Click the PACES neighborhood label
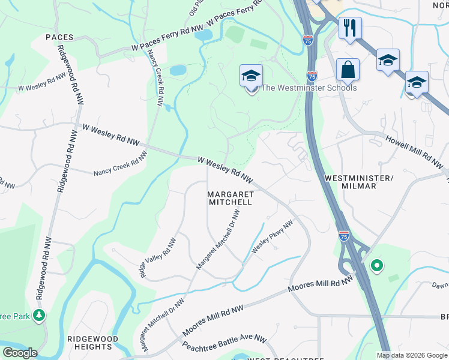[59, 37]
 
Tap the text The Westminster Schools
[310, 88]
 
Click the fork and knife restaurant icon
[348, 28]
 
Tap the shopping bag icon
[348, 70]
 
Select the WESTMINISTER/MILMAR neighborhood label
[358, 182]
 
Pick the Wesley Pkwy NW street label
[273, 236]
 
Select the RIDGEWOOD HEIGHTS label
[92, 343]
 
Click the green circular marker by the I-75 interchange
[376, 265]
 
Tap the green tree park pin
[39, 314]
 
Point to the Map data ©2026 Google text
[411, 355]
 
